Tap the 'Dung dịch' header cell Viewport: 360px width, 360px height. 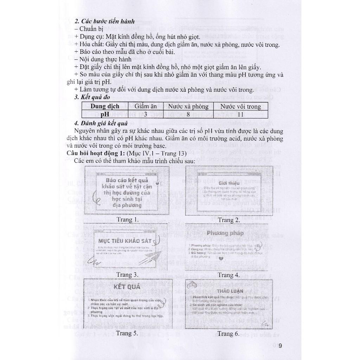(105, 106)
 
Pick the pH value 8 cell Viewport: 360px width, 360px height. (188, 114)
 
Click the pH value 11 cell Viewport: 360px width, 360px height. (240, 114)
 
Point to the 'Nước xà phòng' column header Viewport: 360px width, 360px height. (188, 106)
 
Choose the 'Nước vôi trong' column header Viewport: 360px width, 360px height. (240, 106)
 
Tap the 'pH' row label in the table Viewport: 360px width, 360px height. (105, 114)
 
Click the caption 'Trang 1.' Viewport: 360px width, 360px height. (128, 220)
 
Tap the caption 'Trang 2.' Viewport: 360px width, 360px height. (229, 220)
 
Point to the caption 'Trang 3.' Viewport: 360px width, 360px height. (128, 275)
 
